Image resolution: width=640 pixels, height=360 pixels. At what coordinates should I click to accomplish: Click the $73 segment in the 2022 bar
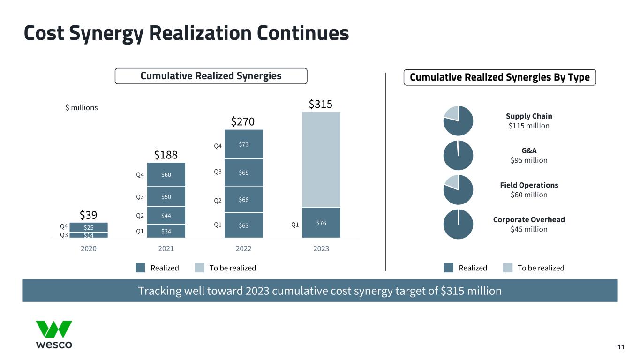(243, 144)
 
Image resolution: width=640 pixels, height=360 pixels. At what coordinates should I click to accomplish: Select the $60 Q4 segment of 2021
(166, 174)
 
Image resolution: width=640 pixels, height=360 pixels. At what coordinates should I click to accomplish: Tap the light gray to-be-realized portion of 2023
(321, 159)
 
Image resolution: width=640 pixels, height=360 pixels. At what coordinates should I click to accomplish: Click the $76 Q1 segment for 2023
(321, 223)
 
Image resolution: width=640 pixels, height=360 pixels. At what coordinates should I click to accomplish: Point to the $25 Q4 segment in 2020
(89, 227)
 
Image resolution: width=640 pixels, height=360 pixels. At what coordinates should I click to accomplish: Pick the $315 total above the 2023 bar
(321, 104)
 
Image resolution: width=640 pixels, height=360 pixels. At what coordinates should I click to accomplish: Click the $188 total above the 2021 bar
(166, 155)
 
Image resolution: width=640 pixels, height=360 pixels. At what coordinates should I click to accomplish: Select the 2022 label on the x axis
(243, 248)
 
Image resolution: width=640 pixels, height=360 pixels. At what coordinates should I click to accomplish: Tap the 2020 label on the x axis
(89, 248)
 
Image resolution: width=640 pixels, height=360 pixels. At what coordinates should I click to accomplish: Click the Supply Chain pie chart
(458, 120)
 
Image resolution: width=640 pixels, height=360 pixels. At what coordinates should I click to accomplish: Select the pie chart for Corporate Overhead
(458, 224)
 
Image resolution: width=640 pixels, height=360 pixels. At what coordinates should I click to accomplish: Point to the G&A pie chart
(458, 155)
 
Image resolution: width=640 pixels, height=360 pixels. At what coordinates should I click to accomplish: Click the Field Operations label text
(529, 185)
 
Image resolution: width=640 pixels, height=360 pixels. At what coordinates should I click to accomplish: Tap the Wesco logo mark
(54, 329)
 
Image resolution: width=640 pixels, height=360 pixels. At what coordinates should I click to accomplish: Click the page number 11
(621, 347)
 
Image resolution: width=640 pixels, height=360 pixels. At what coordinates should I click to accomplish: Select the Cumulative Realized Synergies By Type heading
(500, 77)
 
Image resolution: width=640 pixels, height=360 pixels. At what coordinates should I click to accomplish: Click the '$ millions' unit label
(81, 108)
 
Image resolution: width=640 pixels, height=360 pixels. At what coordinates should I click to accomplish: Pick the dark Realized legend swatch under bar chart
(141, 268)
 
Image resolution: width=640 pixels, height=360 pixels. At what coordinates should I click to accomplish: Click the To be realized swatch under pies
(508, 268)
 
